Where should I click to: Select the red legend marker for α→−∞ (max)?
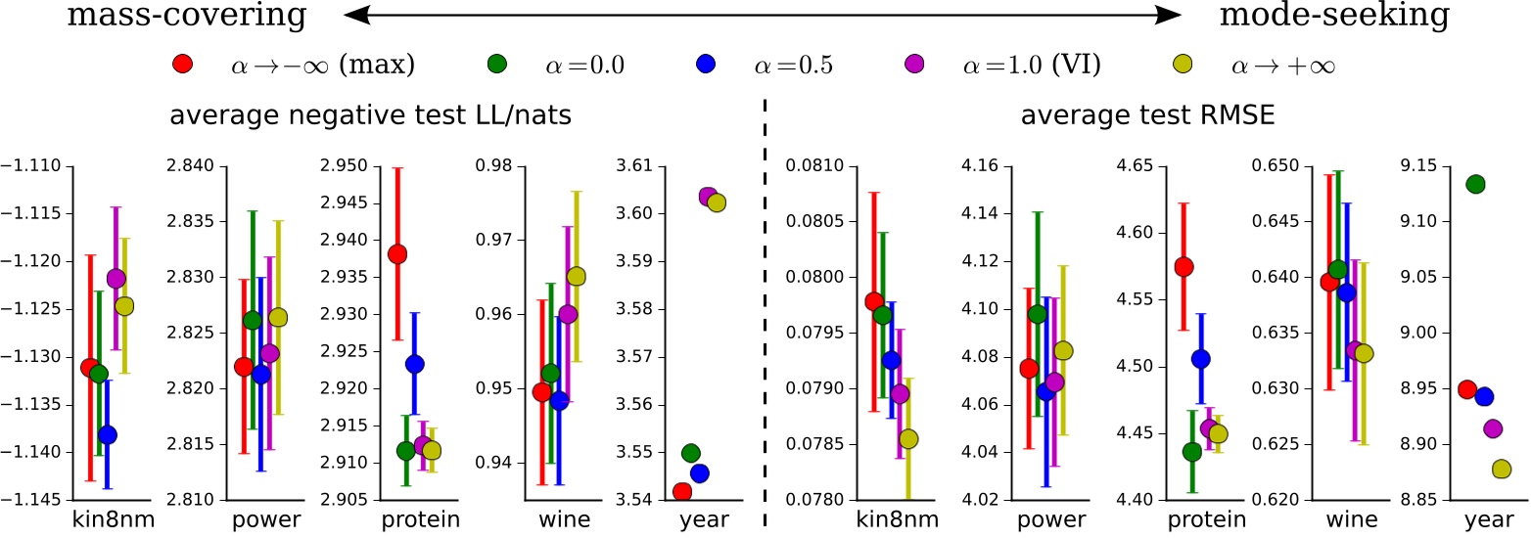(181, 66)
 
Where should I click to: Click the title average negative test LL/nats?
(371, 116)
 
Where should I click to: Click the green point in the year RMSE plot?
(1475, 184)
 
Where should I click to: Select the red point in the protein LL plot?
(397, 254)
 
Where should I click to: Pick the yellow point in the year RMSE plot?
(1502, 470)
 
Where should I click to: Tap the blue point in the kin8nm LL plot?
(108, 434)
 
